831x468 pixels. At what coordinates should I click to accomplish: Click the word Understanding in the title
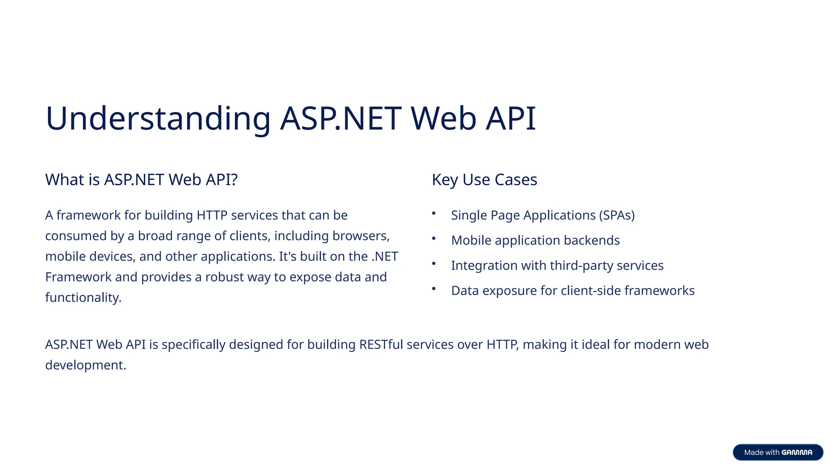click(x=158, y=119)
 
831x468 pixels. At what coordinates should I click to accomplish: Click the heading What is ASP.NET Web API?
click(x=141, y=180)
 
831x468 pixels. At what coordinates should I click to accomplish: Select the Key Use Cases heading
click(x=484, y=180)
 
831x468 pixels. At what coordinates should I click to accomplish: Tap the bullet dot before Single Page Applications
click(x=434, y=213)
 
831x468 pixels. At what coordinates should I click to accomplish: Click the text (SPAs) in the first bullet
click(x=617, y=215)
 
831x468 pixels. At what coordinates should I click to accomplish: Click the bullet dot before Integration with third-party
click(x=434, y=264)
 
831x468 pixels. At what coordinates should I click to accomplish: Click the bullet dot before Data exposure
click(x=434, y=289)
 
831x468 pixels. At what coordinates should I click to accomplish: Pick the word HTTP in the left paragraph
click(x=212, y=215)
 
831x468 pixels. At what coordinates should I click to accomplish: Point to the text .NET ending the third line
click(x=384, y=257)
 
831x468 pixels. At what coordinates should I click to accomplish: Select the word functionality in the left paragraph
click(x=82, y=298)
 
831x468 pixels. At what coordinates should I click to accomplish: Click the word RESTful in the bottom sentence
click(x=381, y=344)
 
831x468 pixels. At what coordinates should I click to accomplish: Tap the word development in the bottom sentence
click(x=84, y=365)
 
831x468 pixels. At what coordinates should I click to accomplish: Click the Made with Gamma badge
click(x=777, y=452)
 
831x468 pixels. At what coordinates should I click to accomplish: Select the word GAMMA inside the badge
click(x=797, y=453)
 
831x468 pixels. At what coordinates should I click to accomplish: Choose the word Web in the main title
click(x=443, y=119)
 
